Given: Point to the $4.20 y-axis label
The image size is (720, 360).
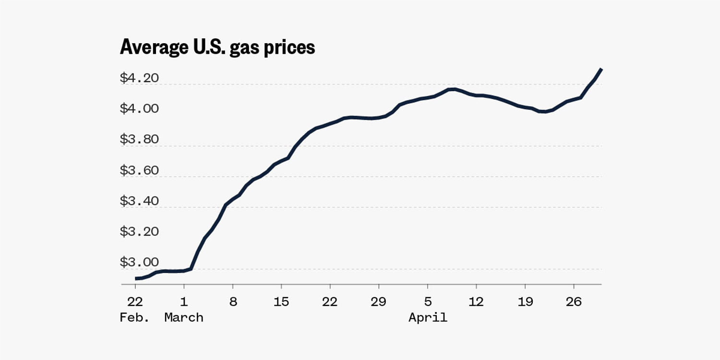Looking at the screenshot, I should click(x=139, y=78).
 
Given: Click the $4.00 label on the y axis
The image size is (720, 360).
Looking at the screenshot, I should click(x=139, y=108).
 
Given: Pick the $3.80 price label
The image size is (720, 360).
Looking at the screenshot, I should click(x=139, y=139).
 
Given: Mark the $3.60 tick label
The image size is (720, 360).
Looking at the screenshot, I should click(x=139, y=170).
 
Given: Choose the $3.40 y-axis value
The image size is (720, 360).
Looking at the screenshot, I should click(x=139, y=201).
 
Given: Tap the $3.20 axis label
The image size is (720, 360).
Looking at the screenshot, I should click(x=139, y=231).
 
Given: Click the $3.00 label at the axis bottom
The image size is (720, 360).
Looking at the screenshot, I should click(x=139, y=262).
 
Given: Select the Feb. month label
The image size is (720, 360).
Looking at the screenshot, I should click(x=134, y=317).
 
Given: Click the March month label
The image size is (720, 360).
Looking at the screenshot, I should click(x=184, y=317).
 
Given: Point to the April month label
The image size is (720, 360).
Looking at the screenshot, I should click(x=428, y=317).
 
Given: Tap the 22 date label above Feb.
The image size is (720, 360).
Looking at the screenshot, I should click(x=135, y=301).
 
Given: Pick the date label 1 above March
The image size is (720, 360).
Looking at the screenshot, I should click(x=184, y=301).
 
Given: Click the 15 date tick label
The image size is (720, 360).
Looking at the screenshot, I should click(x=281, y=301).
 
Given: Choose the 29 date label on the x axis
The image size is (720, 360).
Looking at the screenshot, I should click(x=379, y=301).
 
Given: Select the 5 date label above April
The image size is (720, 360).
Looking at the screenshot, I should click(x=428, y=301).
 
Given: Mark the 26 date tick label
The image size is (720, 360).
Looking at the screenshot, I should click(x=574, y=301).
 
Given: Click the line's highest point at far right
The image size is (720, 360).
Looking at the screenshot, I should click(x=601, y=70).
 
